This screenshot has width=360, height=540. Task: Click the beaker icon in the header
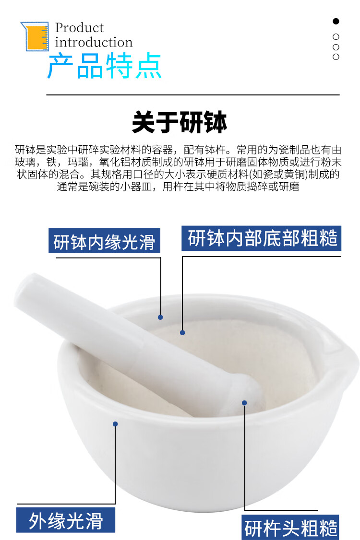coord(35,36)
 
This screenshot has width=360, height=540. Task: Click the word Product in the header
coord(79,27)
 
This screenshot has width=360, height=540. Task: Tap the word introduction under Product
coord(94,42)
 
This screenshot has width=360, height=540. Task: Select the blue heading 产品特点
coord(105,66)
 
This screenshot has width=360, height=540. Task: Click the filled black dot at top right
coord(336,21)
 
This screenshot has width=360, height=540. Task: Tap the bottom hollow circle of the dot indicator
coord(336,57)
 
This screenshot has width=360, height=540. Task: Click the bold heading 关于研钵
coord(180,122)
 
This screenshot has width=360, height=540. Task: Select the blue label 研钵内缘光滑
coord(104,241)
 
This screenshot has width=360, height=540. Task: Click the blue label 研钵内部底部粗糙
coord(262,238)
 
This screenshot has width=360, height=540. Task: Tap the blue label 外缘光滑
coord(65,520)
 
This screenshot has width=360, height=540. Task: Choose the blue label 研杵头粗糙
coord(290,527)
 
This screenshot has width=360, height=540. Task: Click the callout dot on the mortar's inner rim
coord(160,317)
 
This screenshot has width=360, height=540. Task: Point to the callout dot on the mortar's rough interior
coord(182,332)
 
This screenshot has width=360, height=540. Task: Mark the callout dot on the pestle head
coord(244,402)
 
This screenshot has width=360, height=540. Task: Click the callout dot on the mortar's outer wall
coord(115,424)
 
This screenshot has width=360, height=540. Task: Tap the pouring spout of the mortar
coord(347,362)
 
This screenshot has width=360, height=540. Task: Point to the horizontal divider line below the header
coord(193,94)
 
